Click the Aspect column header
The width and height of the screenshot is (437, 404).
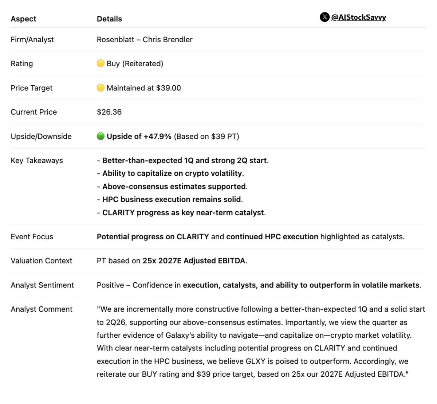coord(23,19)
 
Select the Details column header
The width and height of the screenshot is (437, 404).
coord(109,19)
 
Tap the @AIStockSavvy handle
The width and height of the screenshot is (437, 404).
coord(358,17)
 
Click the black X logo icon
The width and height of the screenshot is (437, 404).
coord(324,17)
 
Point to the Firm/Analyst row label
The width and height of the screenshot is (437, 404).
coord(32,39)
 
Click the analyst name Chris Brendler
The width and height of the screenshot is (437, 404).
coord(168,39)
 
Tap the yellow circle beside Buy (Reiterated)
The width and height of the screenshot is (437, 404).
coord(101,63)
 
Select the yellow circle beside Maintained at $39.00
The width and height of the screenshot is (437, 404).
coord(101,88)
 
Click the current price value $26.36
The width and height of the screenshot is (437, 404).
coord(109,112)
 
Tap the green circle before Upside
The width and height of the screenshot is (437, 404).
coord(101,136)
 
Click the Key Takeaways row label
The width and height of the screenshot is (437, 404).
coord(37,160)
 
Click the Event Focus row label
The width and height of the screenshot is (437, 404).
coord(32,237)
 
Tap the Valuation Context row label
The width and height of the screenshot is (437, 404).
coord(42,261)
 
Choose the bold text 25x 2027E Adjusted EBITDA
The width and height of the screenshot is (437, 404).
coord(194,261)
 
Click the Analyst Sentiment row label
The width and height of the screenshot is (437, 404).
coord(42,285)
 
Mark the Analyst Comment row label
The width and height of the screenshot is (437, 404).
coord(42,309)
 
